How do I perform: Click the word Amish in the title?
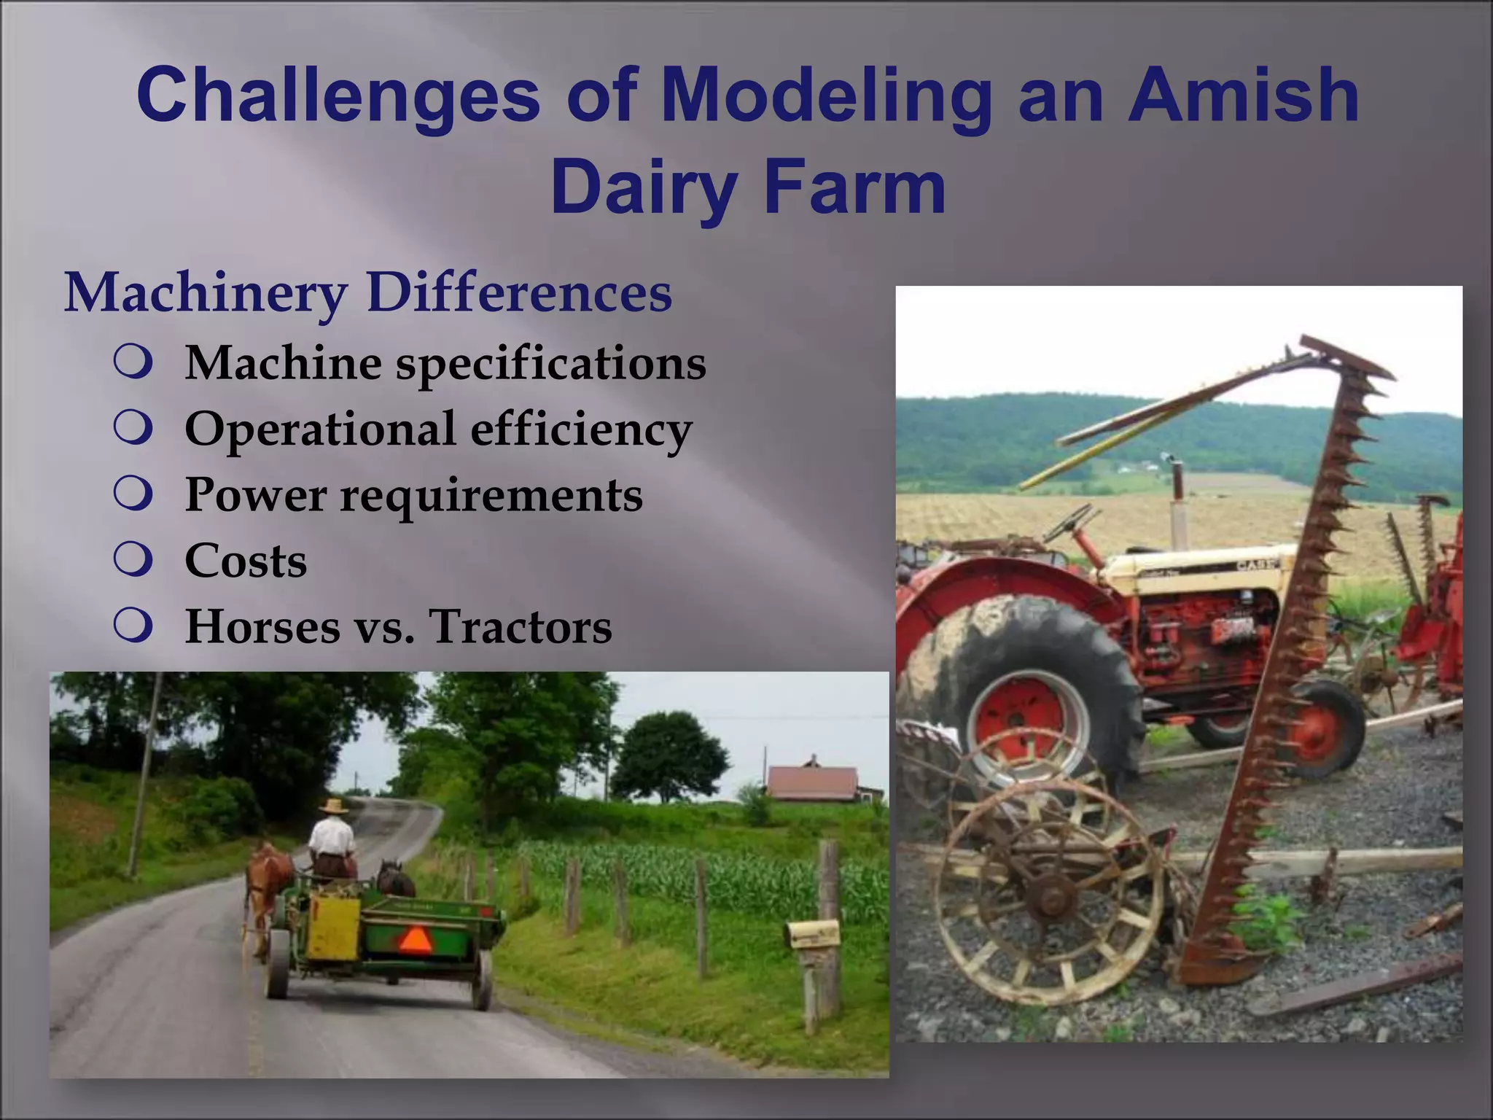(x=1243, y=95)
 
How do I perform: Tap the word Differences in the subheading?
(x=519, y=293)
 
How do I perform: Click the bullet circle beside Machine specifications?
(x=133, y=362)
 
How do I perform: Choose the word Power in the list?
(x=255, y=495)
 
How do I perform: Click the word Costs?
(x=246, y=561)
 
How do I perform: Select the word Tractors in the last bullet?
(x=521, y=626)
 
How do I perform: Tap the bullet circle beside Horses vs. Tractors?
(x=133, y=626)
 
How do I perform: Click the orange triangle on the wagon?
(x=415, y=941)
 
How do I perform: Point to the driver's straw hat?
(x=334, y=806)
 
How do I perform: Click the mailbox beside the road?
(x=811, y=934)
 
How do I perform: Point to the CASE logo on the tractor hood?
(x=1255, y=565)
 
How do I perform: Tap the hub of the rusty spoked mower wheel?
(x=1050, y=894)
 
